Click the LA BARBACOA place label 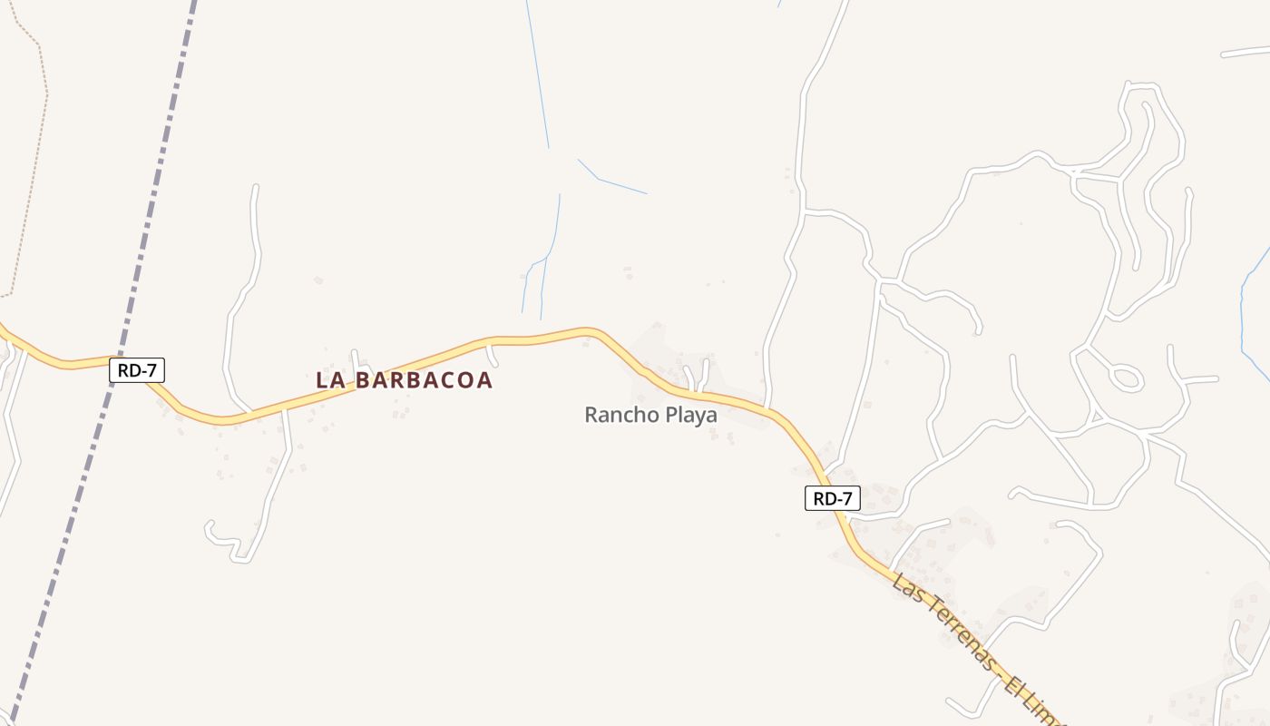(x=404, y=380)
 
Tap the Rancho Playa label (x=650, y=415)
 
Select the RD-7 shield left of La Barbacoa (x=137, y=370)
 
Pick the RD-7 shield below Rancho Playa (x=832, y=498)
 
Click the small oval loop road (x=1126, y=377)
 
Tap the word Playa (x=689, y=416)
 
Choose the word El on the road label (x=1015, y=685)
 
